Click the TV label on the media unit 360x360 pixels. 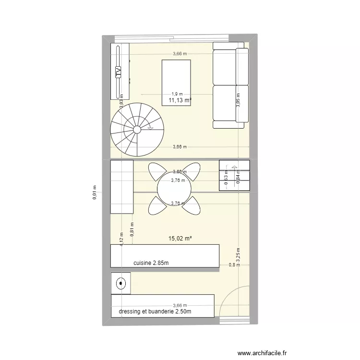[118, 72]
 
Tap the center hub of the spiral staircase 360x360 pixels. [137, 130]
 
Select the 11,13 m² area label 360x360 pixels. [180, 100]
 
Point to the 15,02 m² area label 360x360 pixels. [180, 238]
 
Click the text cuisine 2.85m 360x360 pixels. [151, 263]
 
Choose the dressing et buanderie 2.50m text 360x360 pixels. [156, 312]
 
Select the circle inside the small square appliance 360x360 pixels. [120, 283]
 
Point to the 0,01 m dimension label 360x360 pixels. [95, 192]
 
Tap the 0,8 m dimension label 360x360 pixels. [232, 264]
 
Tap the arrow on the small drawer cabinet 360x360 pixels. [234, 168]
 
